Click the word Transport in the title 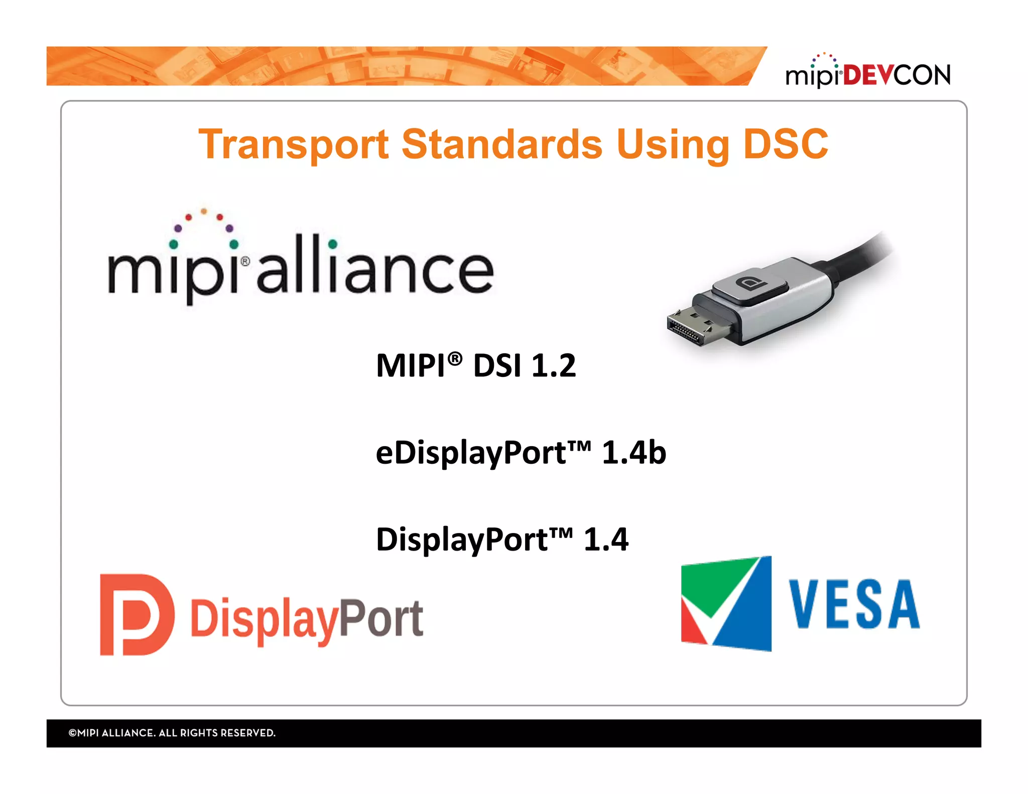coord(294,145)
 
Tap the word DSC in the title coord(785,144)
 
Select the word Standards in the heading coord(501,144)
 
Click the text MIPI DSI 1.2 coord(475,365)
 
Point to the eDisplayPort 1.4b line coord(520,453)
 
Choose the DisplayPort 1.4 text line coord(501,540)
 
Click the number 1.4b coord(633,453)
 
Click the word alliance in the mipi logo coord(375,266)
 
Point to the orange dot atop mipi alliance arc coord(204,211)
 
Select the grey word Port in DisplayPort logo coord(381,619)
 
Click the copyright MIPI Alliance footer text coord(172,733)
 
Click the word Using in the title coord(673,145)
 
